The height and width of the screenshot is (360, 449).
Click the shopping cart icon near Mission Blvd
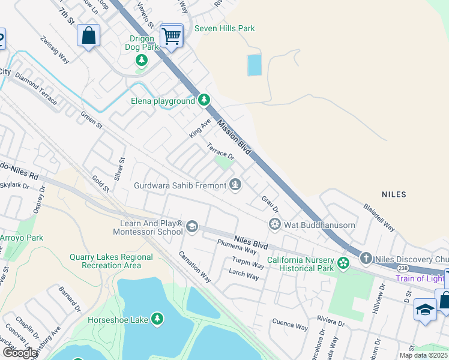click(x=172, y=37)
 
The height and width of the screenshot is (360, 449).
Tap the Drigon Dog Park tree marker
click(x=142, y=60)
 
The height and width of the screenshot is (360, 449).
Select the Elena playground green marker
click(x=204, y=100)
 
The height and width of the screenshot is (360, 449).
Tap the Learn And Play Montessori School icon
click(x=192, y=226)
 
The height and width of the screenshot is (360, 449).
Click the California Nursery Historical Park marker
click(x=343, y=263)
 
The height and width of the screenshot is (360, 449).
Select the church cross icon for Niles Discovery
click(x=366, y=259)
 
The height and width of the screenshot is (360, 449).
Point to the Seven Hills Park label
click(x=224, y=28)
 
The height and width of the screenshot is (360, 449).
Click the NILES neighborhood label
click(x=394, y=194)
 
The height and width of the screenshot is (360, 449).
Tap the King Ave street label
click(x=200, y=128)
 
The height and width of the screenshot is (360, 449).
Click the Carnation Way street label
click(x=194, y=266)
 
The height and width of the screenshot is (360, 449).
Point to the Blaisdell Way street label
click(x=378, y=217)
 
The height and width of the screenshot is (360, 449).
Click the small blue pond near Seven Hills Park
click(x=255, y=65)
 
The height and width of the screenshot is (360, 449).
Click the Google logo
click(x=19, y=353)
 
